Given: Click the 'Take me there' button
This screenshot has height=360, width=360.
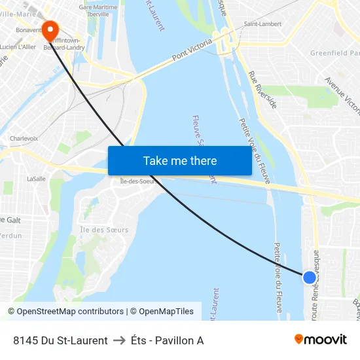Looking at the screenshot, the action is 179,161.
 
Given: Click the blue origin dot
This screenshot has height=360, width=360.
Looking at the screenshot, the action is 309,277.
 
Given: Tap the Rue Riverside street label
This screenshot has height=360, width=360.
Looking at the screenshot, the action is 262,90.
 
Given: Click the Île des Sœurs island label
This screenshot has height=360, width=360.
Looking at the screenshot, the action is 104,230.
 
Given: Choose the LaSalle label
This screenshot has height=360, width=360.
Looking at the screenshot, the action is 36,178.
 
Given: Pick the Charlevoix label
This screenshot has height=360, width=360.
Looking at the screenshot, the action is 24,139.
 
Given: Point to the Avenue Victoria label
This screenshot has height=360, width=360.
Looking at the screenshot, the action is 342,96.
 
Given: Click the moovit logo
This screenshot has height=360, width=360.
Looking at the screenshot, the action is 321,339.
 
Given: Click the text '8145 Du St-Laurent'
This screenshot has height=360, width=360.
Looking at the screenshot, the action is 60,340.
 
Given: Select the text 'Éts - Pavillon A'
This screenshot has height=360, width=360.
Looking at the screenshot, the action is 167,340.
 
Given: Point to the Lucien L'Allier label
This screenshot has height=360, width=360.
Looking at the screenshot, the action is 18,47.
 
